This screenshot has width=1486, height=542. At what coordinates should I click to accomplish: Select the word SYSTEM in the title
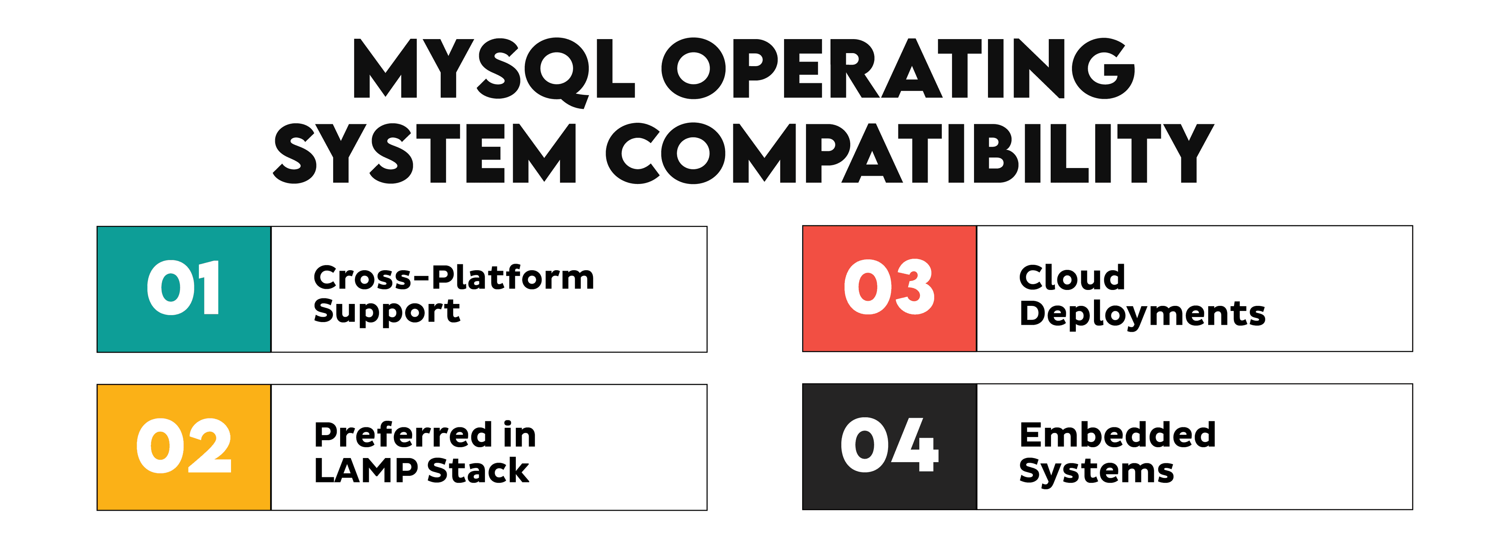coord(425,154)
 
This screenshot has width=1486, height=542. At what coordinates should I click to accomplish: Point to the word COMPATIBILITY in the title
coord(910,154)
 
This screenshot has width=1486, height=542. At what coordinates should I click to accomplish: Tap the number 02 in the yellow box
coord(183,446)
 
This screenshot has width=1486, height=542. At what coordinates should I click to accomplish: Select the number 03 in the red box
coord(889,287)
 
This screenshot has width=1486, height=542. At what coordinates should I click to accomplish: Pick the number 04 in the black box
coord(889,445)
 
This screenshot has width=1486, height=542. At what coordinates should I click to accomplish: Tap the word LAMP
coord(366,470)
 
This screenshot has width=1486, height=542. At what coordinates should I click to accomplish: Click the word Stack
coord(478,470)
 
